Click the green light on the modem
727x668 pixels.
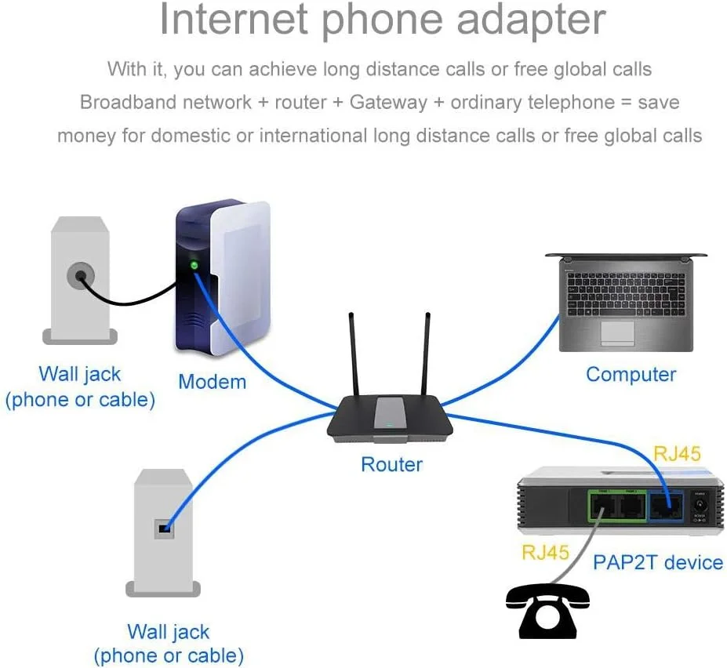tap(194, 265)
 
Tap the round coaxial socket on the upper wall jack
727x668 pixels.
tap(79, 276)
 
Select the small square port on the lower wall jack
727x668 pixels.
tap(164, 528)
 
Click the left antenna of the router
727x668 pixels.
tap(354, 353)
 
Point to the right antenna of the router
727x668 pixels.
tap(426, 353)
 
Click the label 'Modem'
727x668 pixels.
tap(212, 382)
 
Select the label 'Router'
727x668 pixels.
tap(391, 464)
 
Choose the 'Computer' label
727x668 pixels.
tap(631, 374)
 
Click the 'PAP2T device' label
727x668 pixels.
tap(657, 562)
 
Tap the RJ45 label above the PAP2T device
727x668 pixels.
tap(677, 454)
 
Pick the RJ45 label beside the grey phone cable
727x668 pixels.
tap(545, 552)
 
